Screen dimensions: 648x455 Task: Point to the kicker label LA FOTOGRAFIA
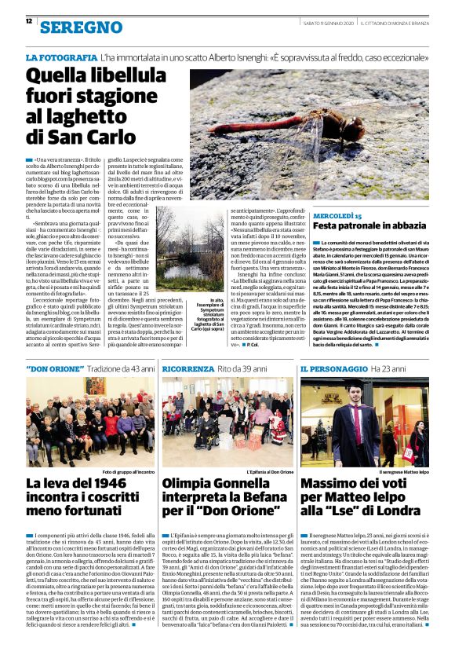60,58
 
